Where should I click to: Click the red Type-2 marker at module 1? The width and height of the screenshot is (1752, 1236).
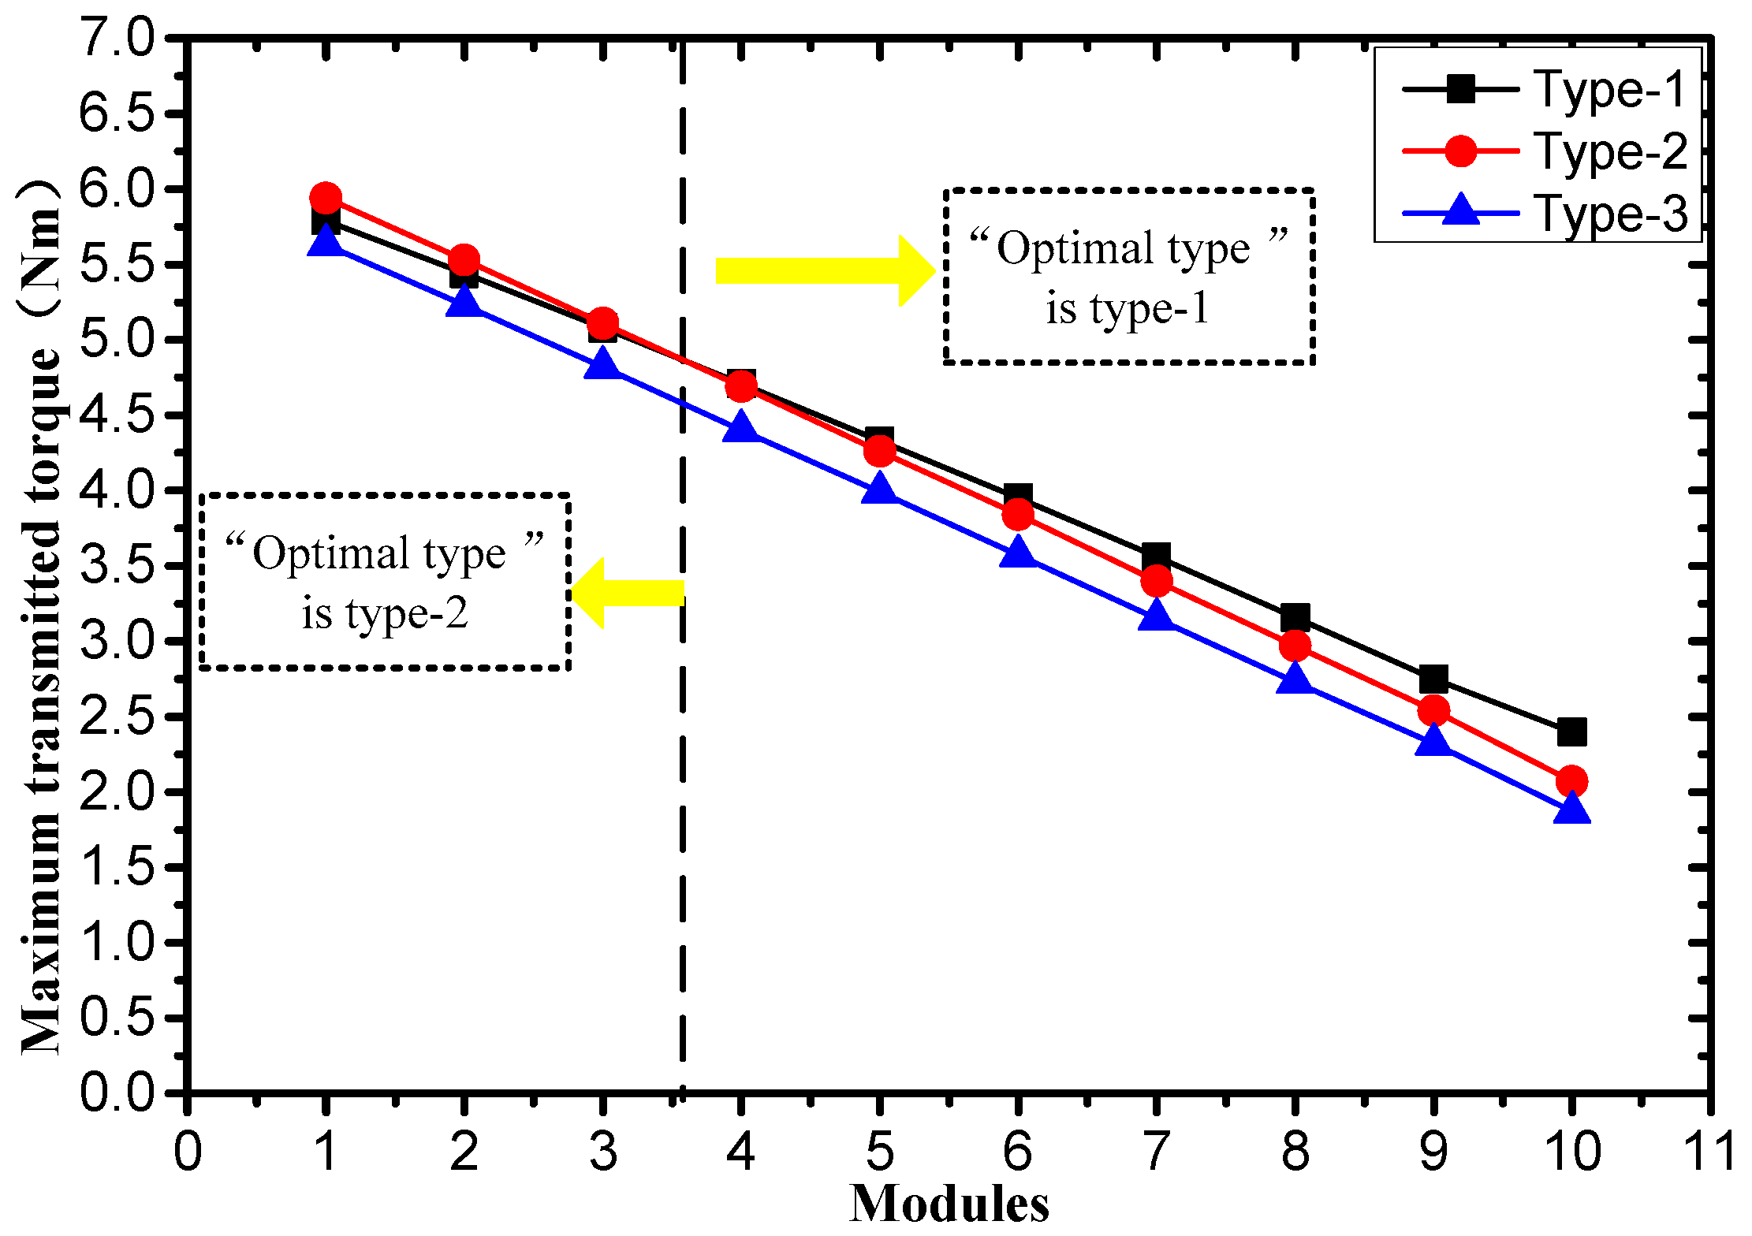326,197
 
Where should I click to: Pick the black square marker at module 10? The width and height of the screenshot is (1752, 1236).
1571,732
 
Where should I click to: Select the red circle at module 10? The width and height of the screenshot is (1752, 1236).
1571,780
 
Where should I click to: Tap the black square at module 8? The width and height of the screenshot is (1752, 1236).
1295,617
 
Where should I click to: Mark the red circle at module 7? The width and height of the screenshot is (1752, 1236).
1156,582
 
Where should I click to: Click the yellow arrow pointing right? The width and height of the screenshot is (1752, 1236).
824,270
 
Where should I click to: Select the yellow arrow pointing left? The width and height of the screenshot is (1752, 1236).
628,593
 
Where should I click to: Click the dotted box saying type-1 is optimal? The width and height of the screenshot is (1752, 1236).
1128,277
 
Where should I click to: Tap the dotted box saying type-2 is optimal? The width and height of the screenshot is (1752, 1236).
385,582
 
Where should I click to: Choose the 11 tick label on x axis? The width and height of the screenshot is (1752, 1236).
1709,1152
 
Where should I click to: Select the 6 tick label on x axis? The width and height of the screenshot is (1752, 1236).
1017,1152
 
